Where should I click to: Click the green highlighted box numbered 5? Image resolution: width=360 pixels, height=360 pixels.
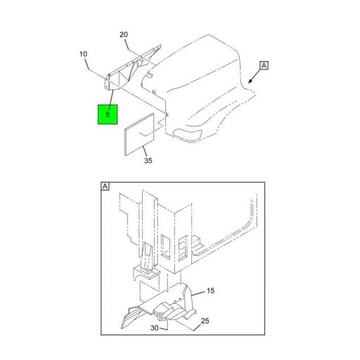click(x=108, y=113)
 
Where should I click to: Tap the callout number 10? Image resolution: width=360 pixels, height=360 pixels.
click(x=83, y=54)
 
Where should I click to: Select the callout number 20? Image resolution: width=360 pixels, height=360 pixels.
click(x=124, y=34)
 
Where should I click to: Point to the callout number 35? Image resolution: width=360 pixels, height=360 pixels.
click(x=148, y=161)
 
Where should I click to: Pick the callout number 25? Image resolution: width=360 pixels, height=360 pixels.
click(x=206, y=321)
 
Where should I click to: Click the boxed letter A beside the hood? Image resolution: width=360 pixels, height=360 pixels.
click(x=264, y=66)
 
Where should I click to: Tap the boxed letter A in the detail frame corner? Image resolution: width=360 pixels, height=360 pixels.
click(x=105, y=186)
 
